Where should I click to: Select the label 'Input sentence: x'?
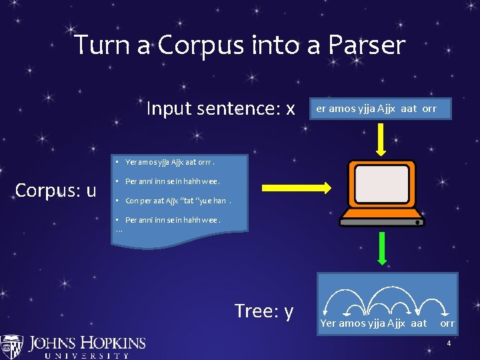[x=220, y=108]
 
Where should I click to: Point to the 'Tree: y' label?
[x=264, y=311]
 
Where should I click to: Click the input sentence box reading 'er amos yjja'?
[x=377, y=108]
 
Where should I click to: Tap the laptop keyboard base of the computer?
[x=382, y=217]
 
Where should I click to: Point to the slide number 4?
[x=449, y=344]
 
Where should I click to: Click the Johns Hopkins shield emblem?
[x=11, y=347]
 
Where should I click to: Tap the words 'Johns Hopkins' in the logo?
[x=87, y=343]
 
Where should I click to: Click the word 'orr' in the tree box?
[x=447, y=323]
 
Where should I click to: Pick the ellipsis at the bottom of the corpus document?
[x=119, y=231]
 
